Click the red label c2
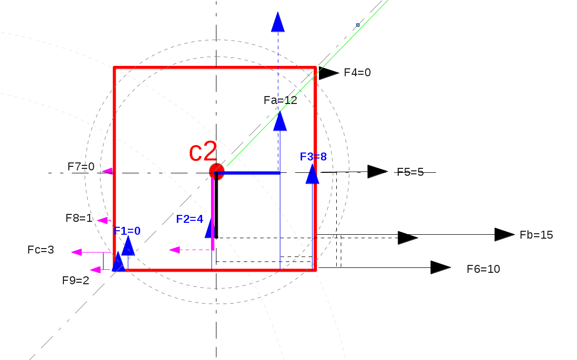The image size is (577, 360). (203, 152)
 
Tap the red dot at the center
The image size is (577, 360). (216, 171)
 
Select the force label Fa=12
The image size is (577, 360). (280, 101)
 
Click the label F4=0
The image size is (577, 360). (357, 73)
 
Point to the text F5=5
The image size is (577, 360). (410, 172)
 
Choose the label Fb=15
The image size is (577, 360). (536, 235)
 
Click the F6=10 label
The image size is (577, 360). (483, 269)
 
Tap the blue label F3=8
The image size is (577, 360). (313, 157)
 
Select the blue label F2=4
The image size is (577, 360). (190, 219)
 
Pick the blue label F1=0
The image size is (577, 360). (127, 231)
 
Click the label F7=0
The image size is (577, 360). (81, 167)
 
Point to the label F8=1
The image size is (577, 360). (79, 218)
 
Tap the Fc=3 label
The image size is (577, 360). (41, 250)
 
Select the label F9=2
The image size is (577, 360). (76, 280)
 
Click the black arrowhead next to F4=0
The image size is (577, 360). (328, 73)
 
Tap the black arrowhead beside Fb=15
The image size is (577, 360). (505, 235)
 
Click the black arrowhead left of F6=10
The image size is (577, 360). (440, 267)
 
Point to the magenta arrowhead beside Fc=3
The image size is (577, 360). (77, 252)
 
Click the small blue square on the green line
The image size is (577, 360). (358, 24)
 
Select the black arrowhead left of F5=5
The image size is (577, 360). (377, 172)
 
